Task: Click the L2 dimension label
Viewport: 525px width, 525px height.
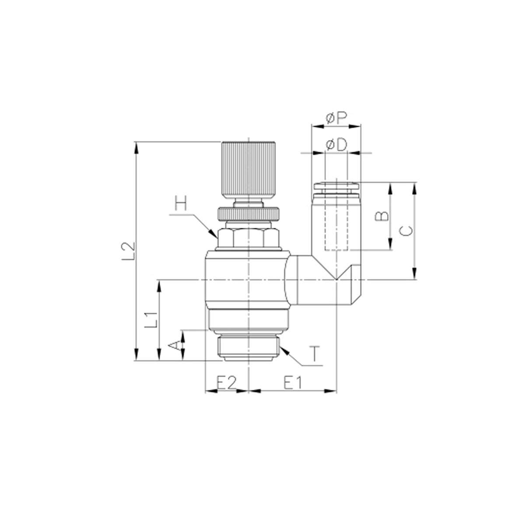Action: coord(128,250)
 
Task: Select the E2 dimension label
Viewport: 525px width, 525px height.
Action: coord(226,382)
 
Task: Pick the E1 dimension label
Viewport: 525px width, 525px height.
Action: coord(293,382)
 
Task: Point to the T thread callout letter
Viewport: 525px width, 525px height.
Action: coord(315,353)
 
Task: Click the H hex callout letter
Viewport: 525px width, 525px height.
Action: coord(181,203)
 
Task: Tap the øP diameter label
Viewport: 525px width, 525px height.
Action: coord(336,118)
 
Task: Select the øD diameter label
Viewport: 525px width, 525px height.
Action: coord(336,145)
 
